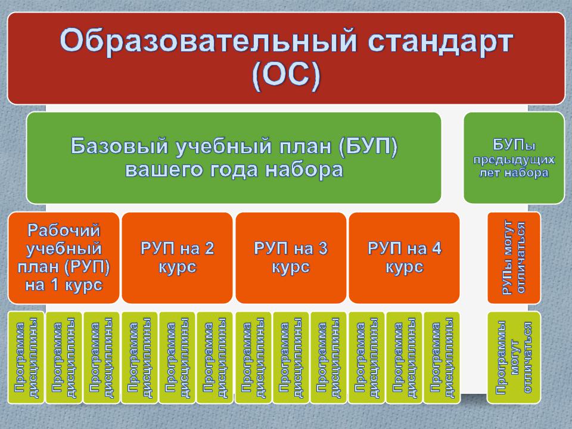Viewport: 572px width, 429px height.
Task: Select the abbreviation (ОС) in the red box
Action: coord(286,76)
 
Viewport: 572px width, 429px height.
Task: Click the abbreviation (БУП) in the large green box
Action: coord(368,147)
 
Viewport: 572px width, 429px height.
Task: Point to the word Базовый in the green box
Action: coord(119,146)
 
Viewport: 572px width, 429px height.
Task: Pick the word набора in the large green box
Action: coord(304,170)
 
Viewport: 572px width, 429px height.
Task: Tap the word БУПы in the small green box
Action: coord(514,145)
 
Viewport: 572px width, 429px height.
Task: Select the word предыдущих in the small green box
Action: coord(514,160)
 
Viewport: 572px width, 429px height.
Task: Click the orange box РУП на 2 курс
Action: coord(178,258)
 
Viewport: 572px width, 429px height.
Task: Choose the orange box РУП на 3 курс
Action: coord(291,258)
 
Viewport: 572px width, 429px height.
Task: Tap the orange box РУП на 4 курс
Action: coord(404,258)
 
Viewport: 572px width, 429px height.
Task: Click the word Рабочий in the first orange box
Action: coord(64,231)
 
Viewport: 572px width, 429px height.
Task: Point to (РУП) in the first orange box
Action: coord(87,267)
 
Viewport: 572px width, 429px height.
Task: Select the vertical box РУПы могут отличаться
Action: coord(514,258)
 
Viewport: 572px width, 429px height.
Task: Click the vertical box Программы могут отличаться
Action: coord(514,357)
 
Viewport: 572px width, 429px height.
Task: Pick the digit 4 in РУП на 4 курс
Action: coord(436,249)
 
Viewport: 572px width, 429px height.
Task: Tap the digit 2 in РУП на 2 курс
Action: coord(209,249)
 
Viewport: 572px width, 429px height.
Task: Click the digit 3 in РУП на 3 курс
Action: coord(322,249)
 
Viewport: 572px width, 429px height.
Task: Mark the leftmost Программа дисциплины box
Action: coord(26,357)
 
